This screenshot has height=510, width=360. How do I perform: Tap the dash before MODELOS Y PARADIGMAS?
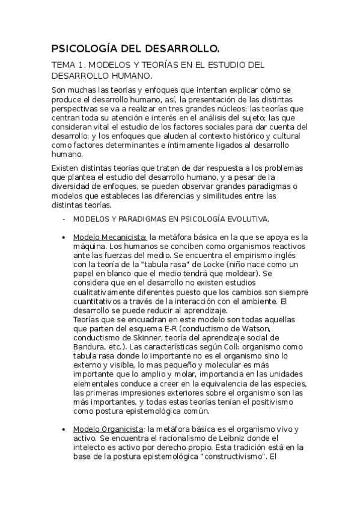click(63, 219)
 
